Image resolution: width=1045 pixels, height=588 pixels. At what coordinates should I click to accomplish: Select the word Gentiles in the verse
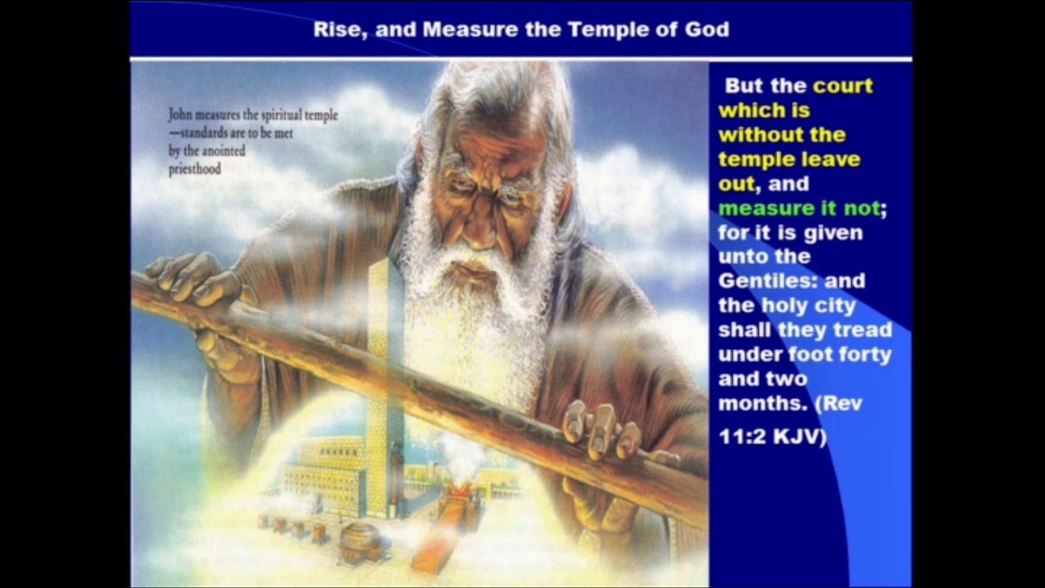coord(767,281)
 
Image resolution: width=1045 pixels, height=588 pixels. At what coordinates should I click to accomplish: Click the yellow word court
coord(843,86)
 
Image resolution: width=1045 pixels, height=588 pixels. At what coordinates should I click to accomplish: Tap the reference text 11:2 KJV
coord(772,437)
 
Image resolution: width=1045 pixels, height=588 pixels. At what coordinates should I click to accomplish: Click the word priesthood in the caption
coord(194,169)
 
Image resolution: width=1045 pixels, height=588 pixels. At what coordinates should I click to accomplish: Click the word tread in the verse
coord(865,330)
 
